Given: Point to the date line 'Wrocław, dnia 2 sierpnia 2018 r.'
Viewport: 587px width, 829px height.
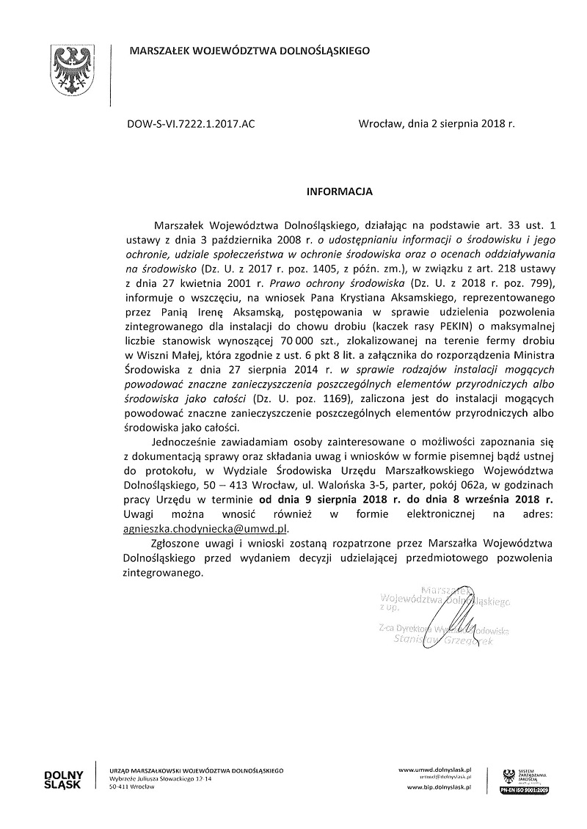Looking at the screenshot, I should click(437, 125).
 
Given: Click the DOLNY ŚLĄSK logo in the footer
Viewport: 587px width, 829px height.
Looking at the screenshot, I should click(65, 778).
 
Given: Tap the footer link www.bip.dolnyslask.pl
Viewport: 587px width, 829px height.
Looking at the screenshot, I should click(438, 786).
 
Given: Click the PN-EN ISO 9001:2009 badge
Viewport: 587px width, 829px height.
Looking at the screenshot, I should click(527, 791).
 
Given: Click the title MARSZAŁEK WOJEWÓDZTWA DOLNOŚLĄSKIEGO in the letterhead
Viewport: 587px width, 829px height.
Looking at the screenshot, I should click(249, 51).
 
